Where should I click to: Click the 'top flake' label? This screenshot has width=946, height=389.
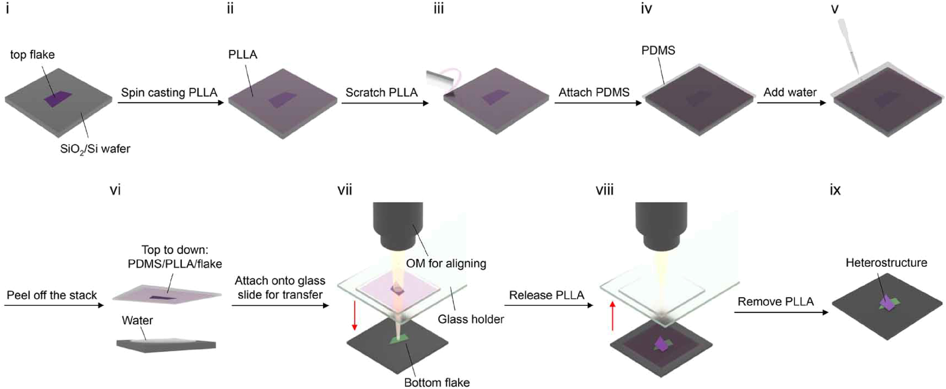click(32, 55)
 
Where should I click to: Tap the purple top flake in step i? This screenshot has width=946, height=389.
click(58, 99)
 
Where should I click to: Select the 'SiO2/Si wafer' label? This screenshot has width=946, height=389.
click(95, 149)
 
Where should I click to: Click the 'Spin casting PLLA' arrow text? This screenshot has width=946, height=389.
click(169, 92)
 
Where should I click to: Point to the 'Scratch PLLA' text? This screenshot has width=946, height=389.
click(381, 92)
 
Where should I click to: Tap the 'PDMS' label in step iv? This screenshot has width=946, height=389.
click(658, 51)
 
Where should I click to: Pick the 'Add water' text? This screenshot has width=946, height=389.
click(790, 92)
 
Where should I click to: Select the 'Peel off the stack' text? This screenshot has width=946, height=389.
click(52, 295)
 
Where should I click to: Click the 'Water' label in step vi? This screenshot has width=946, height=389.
click(137, 320)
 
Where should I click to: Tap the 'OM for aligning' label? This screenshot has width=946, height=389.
click(446, 264)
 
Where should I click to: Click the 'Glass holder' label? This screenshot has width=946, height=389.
click(470, 319)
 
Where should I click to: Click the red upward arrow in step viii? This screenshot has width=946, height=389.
click(613, 316)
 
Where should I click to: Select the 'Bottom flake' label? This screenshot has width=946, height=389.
click(436, 382)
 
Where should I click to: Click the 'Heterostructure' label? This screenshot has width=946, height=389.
click(886, 263)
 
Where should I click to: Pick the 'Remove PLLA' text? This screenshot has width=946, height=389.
click(775, 302)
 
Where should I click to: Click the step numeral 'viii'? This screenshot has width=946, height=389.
click(604, 190)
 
